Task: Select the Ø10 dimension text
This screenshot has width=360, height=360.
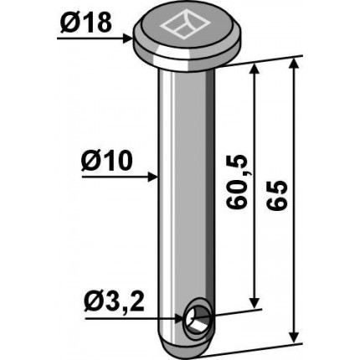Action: [x=106, y=161]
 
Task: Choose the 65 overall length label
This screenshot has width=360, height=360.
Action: [x=277, y=195]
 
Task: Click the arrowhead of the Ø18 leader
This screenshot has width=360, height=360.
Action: [x=127, y=38]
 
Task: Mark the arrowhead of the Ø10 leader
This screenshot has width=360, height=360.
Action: [x=153, y=177]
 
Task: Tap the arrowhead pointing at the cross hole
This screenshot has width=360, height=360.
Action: [x=181, y=318]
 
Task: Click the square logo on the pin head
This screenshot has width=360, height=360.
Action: [x=185, y=25]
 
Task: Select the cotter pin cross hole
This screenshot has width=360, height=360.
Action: [x=198, y=319]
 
